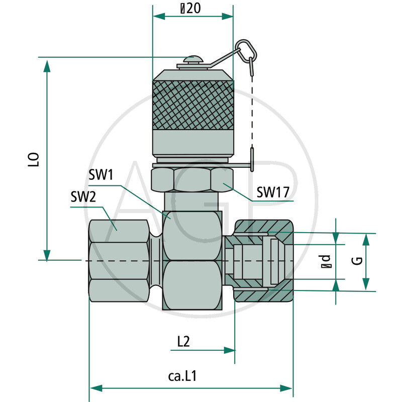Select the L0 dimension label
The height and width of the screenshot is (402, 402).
(x=34, y=160)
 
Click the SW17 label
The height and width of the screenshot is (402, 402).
(x=273, y=192)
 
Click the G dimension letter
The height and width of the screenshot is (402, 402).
(x=357, y=261)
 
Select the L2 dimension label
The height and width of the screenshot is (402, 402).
(x=183, y=342)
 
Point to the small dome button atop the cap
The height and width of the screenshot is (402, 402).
(x=193, y=60)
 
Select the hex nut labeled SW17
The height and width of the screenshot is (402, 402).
(x=192, y=179)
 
